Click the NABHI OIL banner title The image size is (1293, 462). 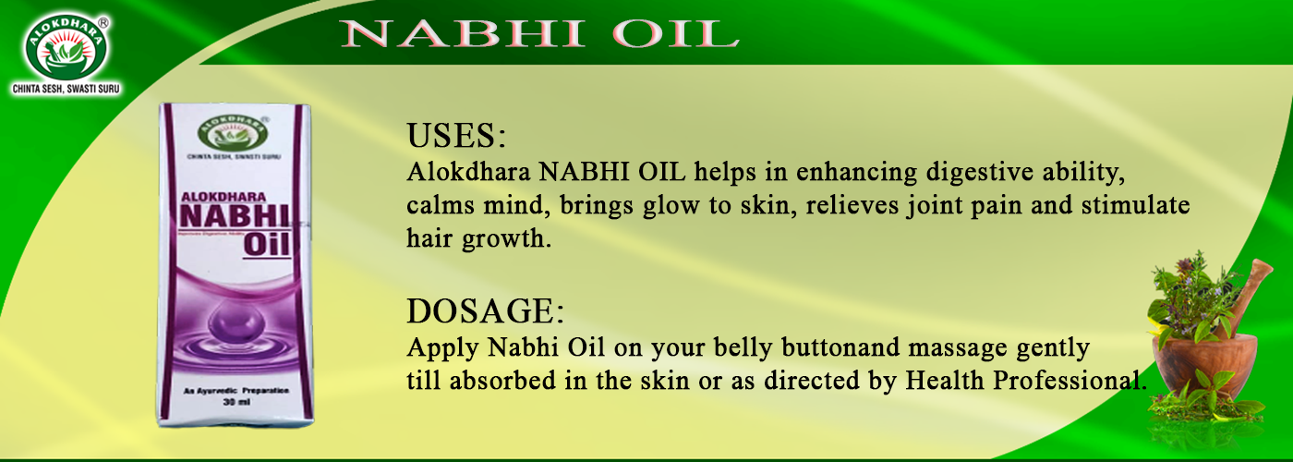(538, 32)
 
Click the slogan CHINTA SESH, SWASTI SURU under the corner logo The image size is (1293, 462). (66, 90)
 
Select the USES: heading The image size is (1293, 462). (456, 137)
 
